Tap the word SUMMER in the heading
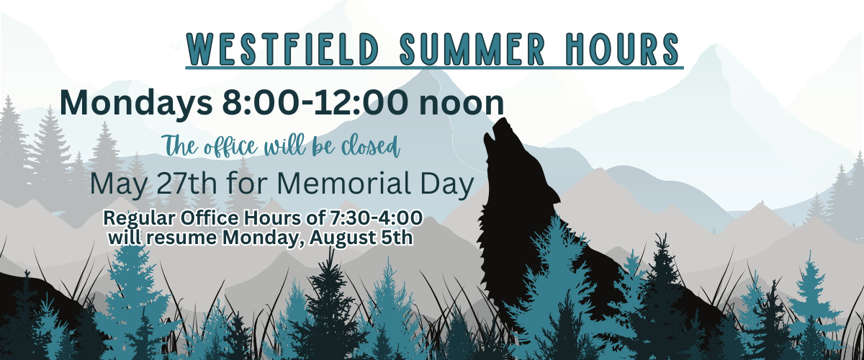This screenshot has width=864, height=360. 472,49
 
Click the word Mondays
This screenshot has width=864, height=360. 136,103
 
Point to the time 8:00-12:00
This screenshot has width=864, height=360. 315,102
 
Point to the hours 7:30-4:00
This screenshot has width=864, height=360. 376,217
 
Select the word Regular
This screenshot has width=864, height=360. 139,219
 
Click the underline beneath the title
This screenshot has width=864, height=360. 434,68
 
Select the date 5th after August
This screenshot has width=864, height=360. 397,238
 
